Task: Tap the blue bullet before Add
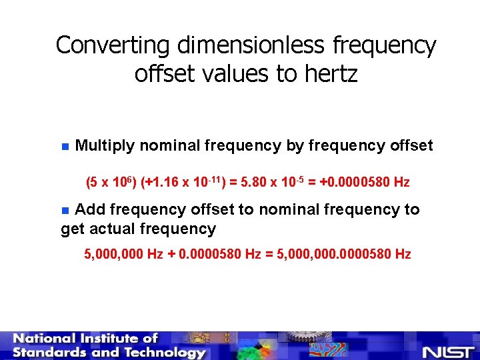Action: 65,211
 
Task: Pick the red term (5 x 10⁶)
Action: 111,182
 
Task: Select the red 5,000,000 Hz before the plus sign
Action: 124,254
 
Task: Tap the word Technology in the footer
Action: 162,353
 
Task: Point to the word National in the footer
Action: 51,339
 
